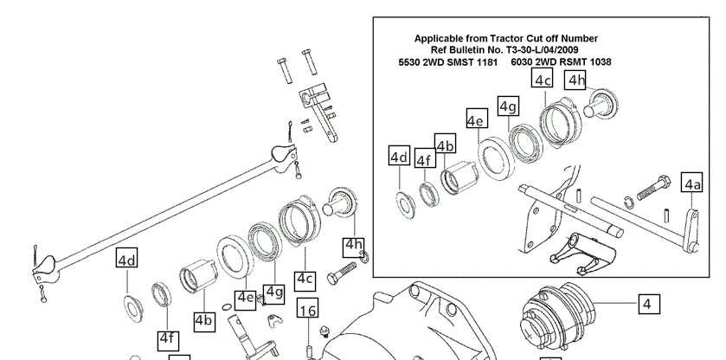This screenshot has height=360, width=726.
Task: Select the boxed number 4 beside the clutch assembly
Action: [649, 304]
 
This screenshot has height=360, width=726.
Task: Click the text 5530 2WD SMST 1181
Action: [447, 61]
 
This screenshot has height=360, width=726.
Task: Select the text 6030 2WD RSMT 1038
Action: [562, 61]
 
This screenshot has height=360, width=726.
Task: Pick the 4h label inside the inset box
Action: [575, 80]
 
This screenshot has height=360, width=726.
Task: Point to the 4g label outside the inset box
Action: [273, 293]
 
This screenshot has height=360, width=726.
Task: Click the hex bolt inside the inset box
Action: [653, 188]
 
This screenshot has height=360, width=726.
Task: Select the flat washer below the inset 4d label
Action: [406, 204]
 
